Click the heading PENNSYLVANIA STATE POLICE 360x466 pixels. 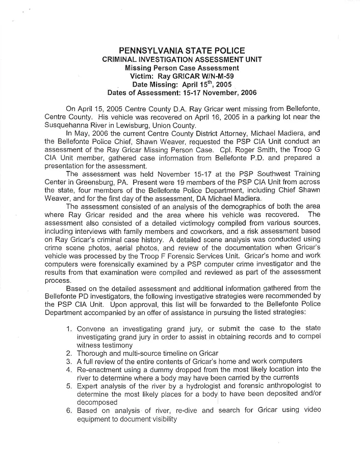pyautogui.click(x=182, y=51)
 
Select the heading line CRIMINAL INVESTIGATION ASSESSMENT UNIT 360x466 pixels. pyautogui.click(x=182, y=59)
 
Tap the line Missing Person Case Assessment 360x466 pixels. pyautogui.click(x=182, y=67)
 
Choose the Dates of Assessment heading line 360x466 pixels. pyautogui.click(x=182, y=93)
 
